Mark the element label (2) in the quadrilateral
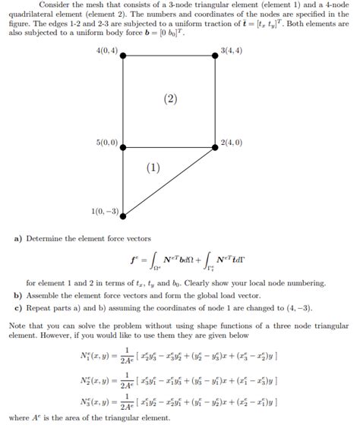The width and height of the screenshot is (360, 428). tap(171, 98)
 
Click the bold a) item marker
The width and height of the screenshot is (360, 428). tap(18, 238)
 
